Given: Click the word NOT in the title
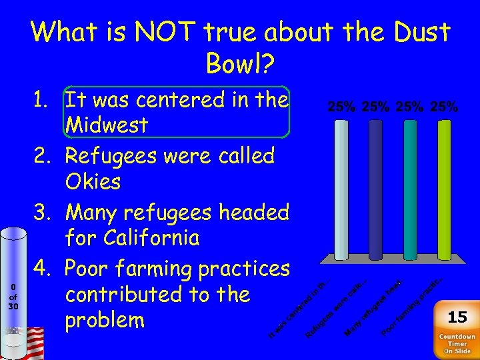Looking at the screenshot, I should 159,32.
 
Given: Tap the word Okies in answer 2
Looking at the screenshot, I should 93,181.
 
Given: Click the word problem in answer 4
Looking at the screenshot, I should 105,320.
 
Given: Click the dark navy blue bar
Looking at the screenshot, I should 375,188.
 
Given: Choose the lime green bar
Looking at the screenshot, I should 443,188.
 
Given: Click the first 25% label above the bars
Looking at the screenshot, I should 341,107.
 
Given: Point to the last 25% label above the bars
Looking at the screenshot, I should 444,107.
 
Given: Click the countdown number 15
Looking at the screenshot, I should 457,316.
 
